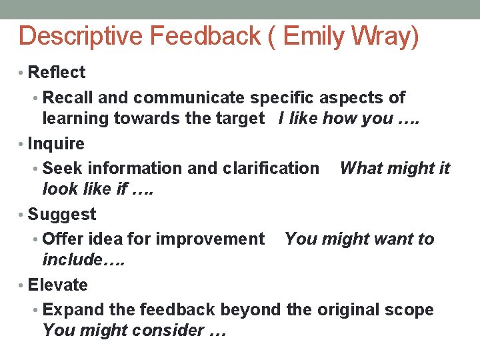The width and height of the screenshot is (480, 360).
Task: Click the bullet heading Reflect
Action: (x=57, y=72)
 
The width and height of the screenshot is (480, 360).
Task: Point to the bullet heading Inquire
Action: (x=56, y=143)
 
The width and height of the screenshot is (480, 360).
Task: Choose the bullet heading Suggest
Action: (x=61, y=214)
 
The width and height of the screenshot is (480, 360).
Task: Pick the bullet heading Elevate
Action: (x=58, y=285)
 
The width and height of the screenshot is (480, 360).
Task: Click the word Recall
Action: (x=68, y=97)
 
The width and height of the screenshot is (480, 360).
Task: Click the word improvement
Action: (x=217, y=239)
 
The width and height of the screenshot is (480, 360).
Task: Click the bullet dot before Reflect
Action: (x=22, y=73)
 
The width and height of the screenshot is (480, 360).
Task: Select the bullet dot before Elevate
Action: (x=22, y=285)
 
